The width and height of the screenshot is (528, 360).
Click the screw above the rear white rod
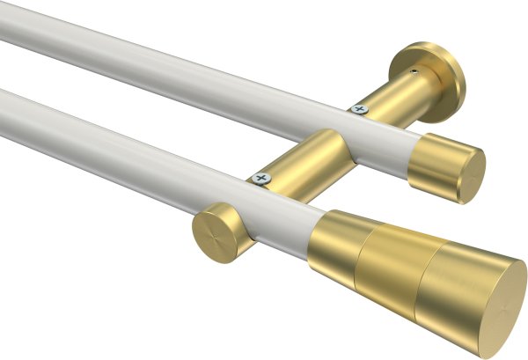(358, 109)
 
